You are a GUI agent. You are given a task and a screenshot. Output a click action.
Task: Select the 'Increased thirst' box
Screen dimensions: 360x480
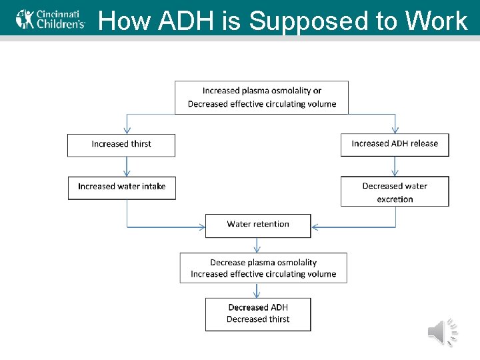pos(121,145)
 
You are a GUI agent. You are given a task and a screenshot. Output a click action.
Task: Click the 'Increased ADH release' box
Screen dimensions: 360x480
pos(395,144)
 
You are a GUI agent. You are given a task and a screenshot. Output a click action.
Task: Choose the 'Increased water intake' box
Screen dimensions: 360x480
pos(121,187)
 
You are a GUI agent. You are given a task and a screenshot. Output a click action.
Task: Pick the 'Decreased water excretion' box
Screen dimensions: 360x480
pos(395,192)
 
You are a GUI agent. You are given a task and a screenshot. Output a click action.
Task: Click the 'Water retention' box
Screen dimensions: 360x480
pos(258,225)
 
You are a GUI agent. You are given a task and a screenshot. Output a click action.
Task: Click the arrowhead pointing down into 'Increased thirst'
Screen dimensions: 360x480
pos(127,131)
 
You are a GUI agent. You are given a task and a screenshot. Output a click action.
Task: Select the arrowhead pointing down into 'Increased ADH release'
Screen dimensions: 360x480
pos(395,131)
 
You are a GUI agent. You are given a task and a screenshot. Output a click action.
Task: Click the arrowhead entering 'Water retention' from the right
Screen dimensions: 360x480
pos(315,227)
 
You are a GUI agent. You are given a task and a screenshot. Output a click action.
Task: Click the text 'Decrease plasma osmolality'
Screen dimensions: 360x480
pos(263,263)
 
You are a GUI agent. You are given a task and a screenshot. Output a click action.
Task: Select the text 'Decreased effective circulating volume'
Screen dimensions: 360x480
pos(262,104)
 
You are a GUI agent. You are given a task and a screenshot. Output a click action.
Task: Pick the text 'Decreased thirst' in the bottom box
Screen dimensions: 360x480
pos(258,319)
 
